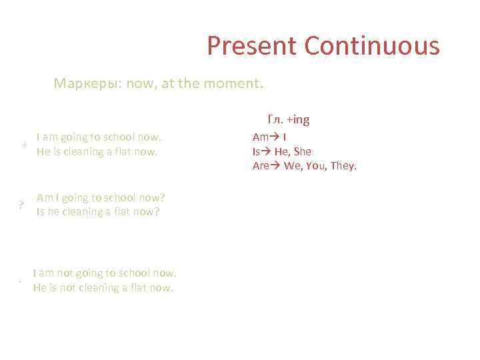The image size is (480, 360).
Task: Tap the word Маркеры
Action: tap(83, 85)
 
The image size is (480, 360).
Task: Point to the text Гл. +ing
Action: tap(289, 120)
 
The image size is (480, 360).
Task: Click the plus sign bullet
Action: tap(24, 145)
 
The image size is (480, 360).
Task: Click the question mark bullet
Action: tap(22, 205)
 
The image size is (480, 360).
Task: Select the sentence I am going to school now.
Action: tap(99, 137)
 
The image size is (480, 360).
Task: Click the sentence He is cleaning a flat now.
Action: tap(97, 151)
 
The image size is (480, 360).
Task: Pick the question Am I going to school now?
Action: tap(101, 198)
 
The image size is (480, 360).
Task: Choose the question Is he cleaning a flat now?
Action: tap(98, 212)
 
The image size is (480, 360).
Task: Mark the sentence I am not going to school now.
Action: tap(105, 273)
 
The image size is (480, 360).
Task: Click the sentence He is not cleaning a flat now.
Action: tap(103, 288)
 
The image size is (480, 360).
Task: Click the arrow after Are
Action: tap(276, 166)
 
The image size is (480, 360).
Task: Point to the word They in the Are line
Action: tap(343, 166)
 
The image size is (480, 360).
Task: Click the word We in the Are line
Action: tap(292, 166)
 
